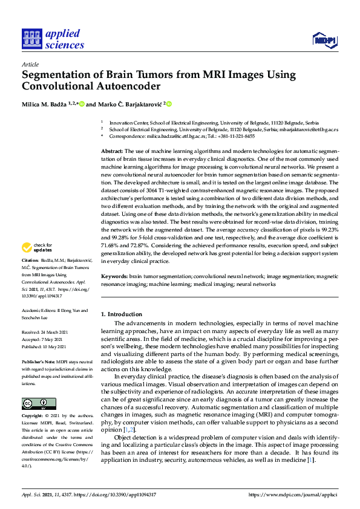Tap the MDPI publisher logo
324,41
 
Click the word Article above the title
30,64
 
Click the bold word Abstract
111,151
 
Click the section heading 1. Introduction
122,314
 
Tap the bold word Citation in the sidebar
31,276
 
